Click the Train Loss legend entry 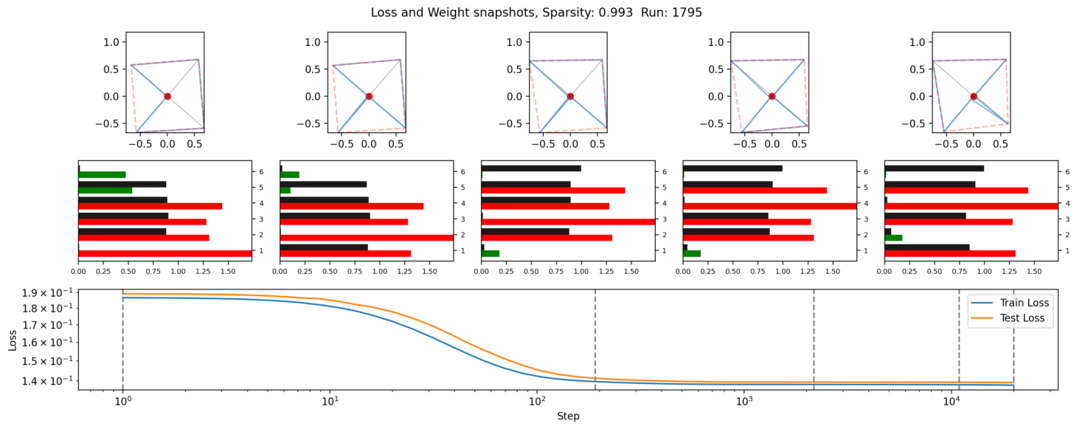coord(1024,303)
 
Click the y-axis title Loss coord(13,339)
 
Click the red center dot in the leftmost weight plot coord(167,96)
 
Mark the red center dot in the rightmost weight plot coord(974,96)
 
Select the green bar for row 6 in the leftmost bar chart coord(102,175)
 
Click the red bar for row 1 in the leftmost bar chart coord(165,253)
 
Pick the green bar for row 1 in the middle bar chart coord(491,253)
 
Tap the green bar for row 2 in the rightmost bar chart coord(893,238)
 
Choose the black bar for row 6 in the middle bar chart coord(531,168)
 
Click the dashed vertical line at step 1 coord(122,340)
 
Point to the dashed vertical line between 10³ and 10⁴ coord(814,340)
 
